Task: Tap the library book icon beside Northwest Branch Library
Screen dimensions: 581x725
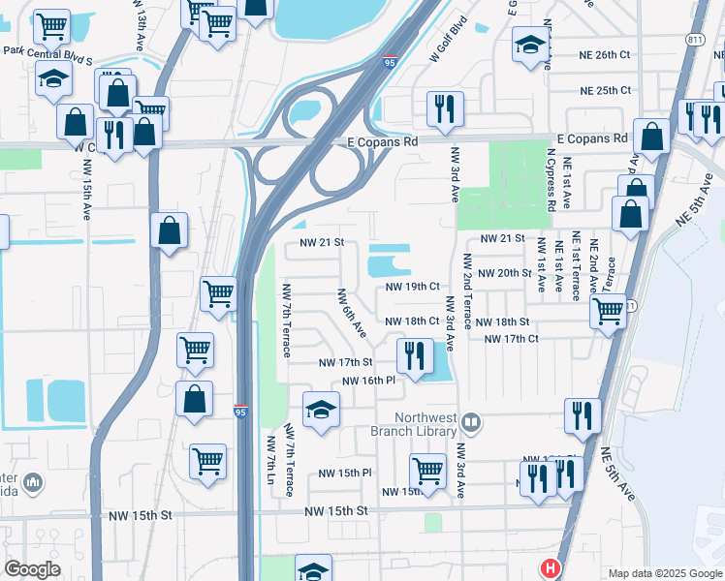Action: [x=471, y=421]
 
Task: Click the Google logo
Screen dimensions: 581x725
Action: [x=32, y=569]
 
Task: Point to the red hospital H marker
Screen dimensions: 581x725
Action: [x=551, y=568]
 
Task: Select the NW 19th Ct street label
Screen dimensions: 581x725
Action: [x=413, y=287]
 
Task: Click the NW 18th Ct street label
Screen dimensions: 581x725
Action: [x=413, y=321]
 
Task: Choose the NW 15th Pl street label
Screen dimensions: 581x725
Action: [x=346, y=474]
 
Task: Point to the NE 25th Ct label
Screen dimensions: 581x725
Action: [x=605, y=90]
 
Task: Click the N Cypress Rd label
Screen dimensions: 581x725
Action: [x=551, y=181]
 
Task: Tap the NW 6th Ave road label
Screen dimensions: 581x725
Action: [x=352, y=313]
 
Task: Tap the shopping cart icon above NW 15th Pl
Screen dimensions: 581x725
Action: [x=426, y=472]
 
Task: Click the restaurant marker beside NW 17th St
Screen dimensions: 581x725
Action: [x=415, y=354]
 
